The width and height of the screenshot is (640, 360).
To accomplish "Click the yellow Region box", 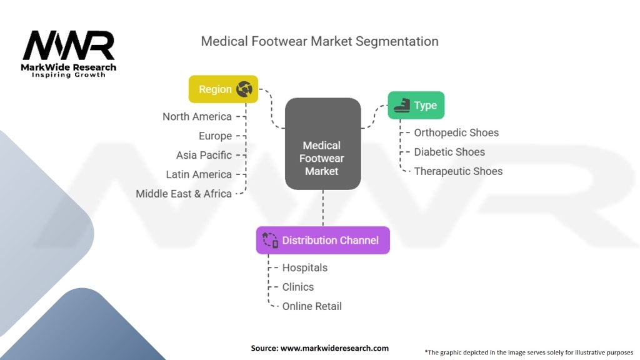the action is pyautogui.click(x=223, y=89).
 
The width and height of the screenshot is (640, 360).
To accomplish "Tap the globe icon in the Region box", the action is pyautogui.click(x=244, y=89).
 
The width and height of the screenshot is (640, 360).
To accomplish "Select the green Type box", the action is pyautogui.click(x=416, y=105).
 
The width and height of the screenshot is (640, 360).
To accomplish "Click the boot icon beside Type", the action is pyautogui.click(x=402, y=105).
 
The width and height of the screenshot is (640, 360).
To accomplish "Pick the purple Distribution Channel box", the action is pyautogui.click(x=323, y=241).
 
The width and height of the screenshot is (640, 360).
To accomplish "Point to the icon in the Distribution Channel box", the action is pyautogui.click(x=270, y=241).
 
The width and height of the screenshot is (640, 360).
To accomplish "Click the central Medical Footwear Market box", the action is pyautogui.click(x=323, y=144).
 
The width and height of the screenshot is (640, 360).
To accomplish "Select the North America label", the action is pyautogui.click(x=197, y=117).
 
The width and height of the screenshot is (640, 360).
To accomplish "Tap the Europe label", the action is pyautogui.click(x=215, y=136).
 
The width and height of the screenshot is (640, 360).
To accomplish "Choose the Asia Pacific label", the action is pyautogui.click(x=204, y=155).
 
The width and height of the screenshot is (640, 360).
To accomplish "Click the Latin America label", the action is pyautogui.click(x=199, y=174).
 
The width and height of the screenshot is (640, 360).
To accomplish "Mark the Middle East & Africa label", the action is pyautogui.click(x=184, y=194).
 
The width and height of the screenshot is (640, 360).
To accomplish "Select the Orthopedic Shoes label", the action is pyautogui.click(x=456, y=132).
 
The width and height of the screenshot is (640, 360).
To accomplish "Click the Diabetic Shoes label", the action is pyautogui.click(x=449, y=152).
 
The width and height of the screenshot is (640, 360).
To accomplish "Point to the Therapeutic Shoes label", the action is pyautogui.click(x=458, y=171).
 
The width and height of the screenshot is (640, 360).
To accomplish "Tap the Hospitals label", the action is pyautogui.click(x=305, y=267).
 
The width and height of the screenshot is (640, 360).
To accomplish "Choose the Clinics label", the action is pyautogui.click(x=298, y=287).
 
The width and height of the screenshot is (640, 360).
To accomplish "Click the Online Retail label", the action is pyautogui.click(x=312, y=306).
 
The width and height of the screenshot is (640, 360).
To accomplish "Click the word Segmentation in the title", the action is pyautogui.click(x=397, y=42).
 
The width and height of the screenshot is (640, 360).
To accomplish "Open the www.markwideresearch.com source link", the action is pyautogui.click(x=334, y=348).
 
